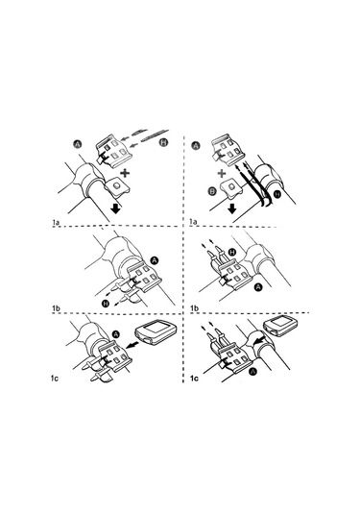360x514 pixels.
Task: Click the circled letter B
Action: click(x=212, y=190)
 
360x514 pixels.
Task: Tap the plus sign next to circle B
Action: click(x=222, y=173)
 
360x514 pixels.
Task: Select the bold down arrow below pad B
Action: click(x=232, y=208)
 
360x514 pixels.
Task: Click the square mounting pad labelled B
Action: click(x=231, y=189)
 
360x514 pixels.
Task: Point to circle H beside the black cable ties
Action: click(x=277, y=194)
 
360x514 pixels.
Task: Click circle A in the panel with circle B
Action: click(x=196, y=145)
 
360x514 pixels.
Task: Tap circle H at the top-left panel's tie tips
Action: click(x=163, y=142)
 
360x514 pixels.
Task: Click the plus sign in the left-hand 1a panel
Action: click(x=125, y=172)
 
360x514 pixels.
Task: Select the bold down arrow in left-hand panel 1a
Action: click(x=115, y=208)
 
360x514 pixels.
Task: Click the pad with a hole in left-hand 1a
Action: click(x=116, y=186)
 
